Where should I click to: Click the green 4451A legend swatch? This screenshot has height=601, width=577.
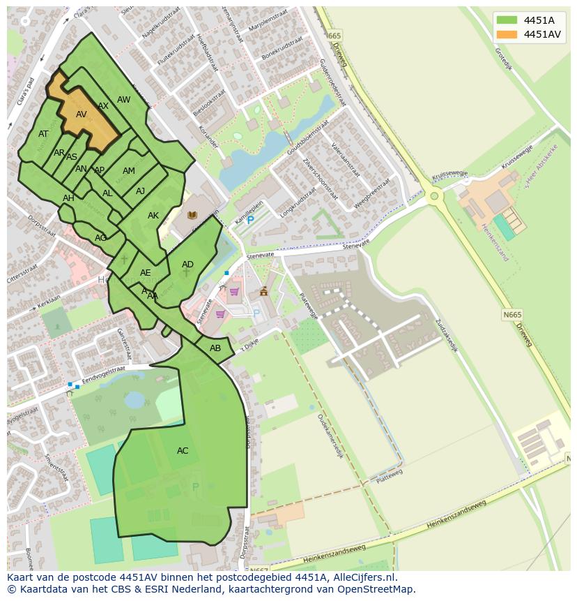[507, 20]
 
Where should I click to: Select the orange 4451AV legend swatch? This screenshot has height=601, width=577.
[507, 34]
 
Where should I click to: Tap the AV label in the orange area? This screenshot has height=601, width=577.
[82, 114]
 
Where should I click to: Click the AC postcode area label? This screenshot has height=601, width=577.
[183, 451]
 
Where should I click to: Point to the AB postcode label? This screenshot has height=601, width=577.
[215, 348]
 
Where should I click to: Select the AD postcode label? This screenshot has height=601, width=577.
[187, 265]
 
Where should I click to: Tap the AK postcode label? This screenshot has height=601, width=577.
[153, 216]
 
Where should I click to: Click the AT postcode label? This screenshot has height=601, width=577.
[43, 134]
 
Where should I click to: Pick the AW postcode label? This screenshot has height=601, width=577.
[123, 100]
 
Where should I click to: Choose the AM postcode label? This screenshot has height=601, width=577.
[129, 171]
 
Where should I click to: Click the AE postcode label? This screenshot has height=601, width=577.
[145, 273]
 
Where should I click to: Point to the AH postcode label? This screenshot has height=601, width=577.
[68, 198]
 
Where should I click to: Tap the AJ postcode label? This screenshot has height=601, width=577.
[140, 191]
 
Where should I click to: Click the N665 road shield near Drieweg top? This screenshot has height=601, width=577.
[334, 36]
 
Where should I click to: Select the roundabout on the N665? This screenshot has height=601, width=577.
[434, 196]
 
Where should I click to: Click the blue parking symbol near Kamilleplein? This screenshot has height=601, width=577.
[250, 221]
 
